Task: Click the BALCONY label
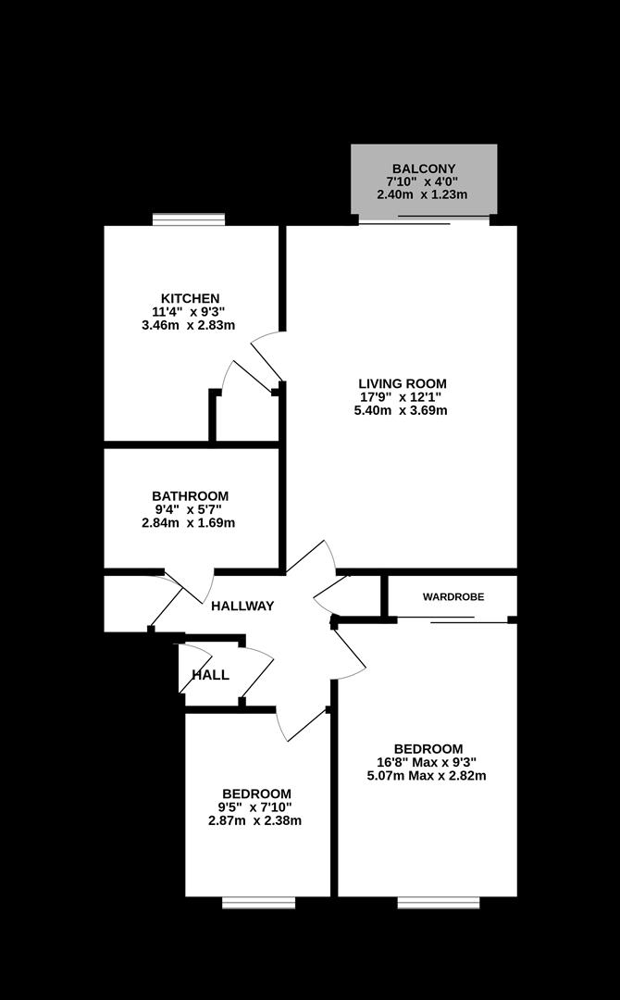pyautogui.click(x=423, y=168)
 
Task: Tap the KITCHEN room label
pyautogui.click(x=190, y=297)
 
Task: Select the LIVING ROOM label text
pyautogui.click(x=402, y=383)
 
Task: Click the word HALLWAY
pyautogui.click(x=242, y=606)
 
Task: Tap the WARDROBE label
pyautogui.click(x=453, y=597)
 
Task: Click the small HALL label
pyautogui.click(x=211, y=675)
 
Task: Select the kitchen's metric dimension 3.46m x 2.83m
pyautogui.click(x=188, y=325)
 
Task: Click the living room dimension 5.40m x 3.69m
pyautogui.click(x=401, y=410)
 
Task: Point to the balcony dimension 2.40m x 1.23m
pyautogui.click(x=422, y=194)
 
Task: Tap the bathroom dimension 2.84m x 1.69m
pyautogui.click(x=188, y=523)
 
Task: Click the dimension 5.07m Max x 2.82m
pyautogui.click(x=427, y=776)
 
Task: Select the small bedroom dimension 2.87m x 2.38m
pyautogui.click(x=255, y=820)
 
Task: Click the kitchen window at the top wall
pyautogui.click(x=189, y=219)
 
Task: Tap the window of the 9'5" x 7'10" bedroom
pyautogui.click(x=259, y=902)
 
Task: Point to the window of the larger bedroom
pyautogui.click(x=439, y=902)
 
